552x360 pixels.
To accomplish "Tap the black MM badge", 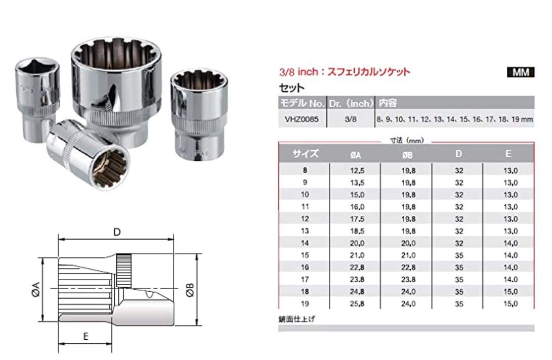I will (x=520, y=72).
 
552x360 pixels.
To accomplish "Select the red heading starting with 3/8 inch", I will (x=344, y=72).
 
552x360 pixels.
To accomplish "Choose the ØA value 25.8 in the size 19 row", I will (x=355, y=303).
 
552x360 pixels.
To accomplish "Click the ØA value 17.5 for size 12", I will (x=355, y=219).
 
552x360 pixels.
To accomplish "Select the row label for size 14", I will (x=305, y=243).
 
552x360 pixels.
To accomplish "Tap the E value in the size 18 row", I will (x=508, y=292).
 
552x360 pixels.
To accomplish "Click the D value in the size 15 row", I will (x=458, y=255).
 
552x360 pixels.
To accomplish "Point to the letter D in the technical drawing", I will (x=116, y=232).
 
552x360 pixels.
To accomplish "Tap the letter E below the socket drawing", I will (x=87, y=335).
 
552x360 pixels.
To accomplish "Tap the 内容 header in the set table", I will (x=388, y=103).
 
